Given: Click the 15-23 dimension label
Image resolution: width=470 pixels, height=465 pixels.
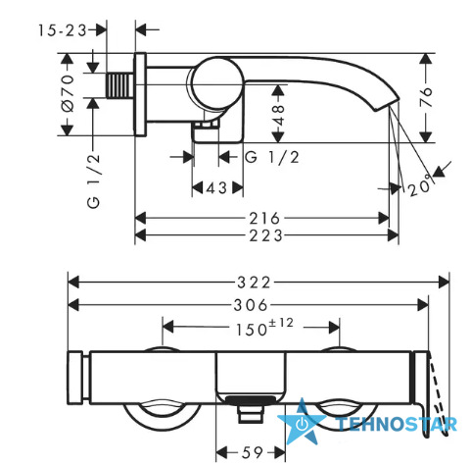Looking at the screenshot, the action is coord(63,30).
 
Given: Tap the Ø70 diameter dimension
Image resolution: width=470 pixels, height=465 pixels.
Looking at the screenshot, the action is coord(68,93).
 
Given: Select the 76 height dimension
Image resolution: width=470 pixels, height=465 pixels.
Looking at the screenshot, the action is coord(425,97).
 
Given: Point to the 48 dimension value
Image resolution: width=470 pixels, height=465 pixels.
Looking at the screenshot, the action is coord(278,116).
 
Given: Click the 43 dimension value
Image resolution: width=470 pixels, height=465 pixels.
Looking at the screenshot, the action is coord(216,188).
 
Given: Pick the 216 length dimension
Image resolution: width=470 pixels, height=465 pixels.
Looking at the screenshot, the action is coord(264,218).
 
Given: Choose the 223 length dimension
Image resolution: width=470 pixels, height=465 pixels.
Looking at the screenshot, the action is coord(265,235).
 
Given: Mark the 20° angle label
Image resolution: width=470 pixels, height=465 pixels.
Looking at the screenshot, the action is coord(421,185).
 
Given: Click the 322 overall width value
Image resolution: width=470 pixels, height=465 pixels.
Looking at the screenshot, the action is coord(254,283).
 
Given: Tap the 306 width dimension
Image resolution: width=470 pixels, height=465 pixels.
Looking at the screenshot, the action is coord(251,305).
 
